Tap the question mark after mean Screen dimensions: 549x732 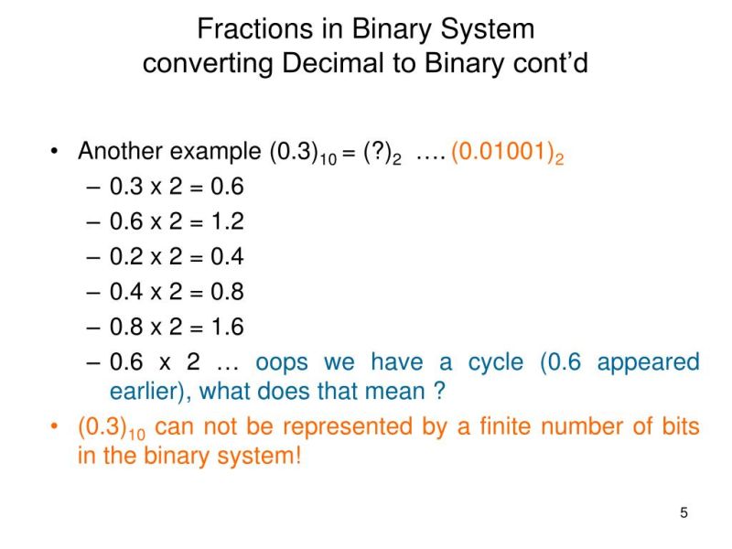tap(439, 392)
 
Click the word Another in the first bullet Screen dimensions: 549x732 tap(124, 152)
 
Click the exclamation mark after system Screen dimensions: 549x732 tap(297, 456)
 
